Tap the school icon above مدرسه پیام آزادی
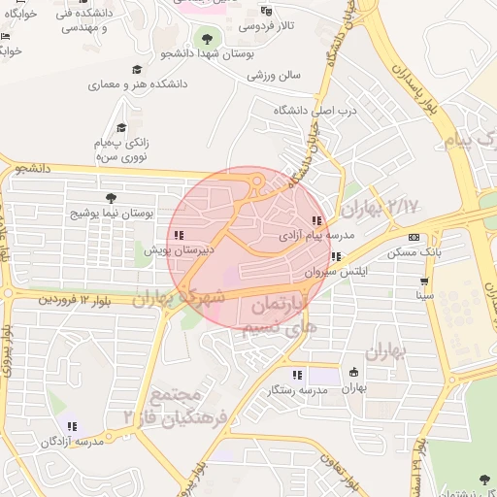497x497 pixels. click(317, 221)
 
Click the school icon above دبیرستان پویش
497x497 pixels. click(178, 235)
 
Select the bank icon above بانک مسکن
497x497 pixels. click(414, 238)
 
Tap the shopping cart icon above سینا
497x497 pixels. click(425, 282)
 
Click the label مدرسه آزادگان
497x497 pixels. click(71, 441)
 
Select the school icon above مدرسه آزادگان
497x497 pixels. click(72, 425)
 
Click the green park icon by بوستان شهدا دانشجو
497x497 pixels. click(206, 39)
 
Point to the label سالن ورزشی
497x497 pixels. click(275, 74)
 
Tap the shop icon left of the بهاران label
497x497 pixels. click(353, 372)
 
